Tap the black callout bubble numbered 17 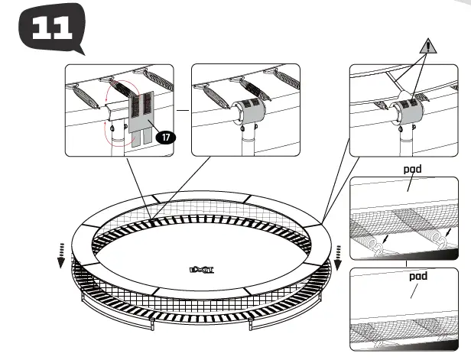coord(164,138)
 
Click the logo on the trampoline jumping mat coord(199,268)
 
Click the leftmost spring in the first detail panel coord(82,96)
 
